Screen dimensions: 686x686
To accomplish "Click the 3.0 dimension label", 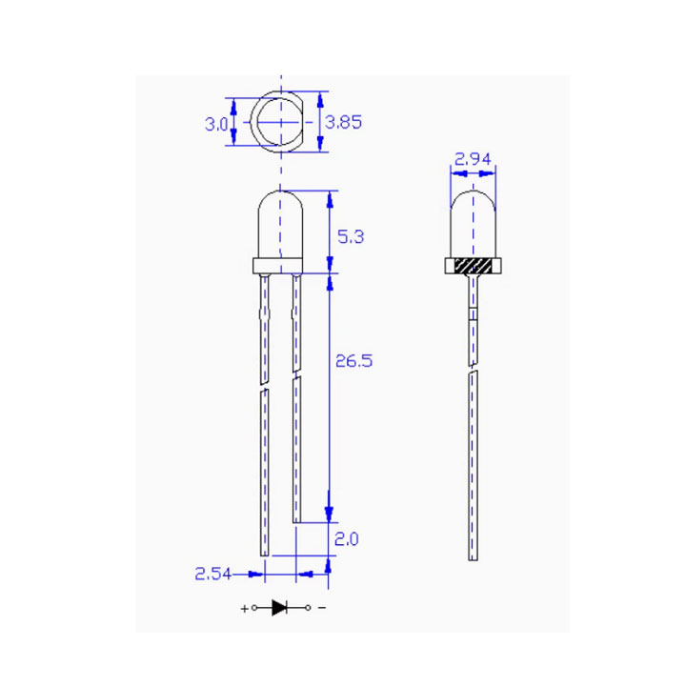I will pos(216,123).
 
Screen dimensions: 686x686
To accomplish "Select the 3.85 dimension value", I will pos(343,122).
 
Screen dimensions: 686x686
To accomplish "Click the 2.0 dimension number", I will pos(348,539).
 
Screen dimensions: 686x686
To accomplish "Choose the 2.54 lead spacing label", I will pos(214,574).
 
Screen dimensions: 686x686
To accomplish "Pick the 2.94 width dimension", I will pos(474,160).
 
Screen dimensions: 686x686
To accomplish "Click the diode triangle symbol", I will pos(280,607).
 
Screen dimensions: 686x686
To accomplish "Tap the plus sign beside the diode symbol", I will pos(245,608).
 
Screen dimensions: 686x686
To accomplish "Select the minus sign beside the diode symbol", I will pos(321,608).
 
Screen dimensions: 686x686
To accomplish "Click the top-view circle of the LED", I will pos(279,123).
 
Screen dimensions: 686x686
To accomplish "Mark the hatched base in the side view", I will pos(474,266).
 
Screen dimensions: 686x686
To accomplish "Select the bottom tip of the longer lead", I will pos(264,553).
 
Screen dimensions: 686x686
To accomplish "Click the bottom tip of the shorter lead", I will pos(297,519).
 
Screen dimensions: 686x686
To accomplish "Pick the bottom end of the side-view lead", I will pos(474,557).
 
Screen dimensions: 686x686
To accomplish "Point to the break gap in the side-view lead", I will pos(474,370).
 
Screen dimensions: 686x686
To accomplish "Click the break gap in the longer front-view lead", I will pos(264,383).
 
